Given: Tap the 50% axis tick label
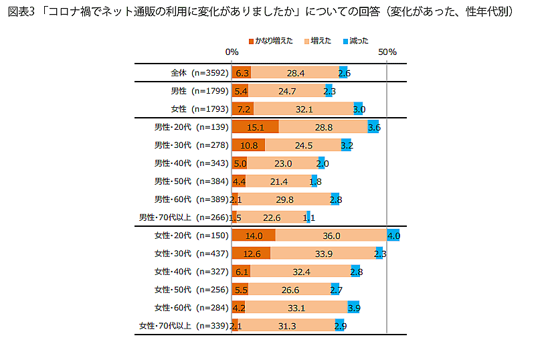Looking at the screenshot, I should tap(387, 52).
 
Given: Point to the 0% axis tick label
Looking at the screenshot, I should tap(232, 52).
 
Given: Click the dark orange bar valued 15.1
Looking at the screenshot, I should tap(255, 127).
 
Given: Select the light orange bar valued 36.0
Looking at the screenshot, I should tap(331, 236).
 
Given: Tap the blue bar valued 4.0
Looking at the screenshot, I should tap(393, 236).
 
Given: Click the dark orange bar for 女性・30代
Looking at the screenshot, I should tap(251, 254).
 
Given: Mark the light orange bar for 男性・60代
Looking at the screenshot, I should tap(284, 199).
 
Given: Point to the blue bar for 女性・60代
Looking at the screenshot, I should tap(353, 308).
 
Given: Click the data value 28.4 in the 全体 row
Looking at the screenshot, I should tap(295, 73).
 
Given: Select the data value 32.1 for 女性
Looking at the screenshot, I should tap(304, 109).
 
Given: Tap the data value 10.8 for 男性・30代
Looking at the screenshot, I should tap(248, 145).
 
